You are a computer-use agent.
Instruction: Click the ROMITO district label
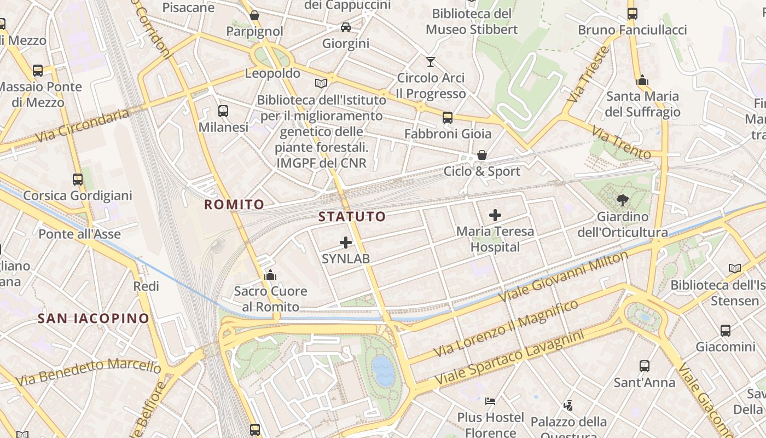pyautogui.click(x=234, y=205)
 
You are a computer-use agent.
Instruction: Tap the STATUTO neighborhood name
pyautogui.click(x=352, y=216)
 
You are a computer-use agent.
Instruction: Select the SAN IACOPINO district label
pyautogui.click(x=93, y=318)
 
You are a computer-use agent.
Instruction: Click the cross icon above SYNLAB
pyautogui.click(x=346, y=242)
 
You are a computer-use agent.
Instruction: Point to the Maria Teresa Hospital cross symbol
pyautogui.click(x=495, y=215)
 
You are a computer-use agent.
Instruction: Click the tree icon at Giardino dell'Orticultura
pyautogui.click(x=622, y=200)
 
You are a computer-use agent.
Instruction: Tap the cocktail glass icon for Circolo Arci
pyautogui.click(x=431, y=61)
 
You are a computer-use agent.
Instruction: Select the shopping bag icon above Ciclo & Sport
pyautogui.click(x=482, y=155)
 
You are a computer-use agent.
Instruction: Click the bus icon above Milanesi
pyautogui.click(x=223, y=111)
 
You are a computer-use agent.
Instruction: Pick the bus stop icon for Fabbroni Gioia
pyautogui.click(x=448, y=117)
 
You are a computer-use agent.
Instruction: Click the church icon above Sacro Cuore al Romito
pyautogui.click(x=270, y=275)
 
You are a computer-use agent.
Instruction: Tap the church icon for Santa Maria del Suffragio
pyautogui.click(x=642, y=80)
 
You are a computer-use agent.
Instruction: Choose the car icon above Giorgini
pyautogui.click(x=346, y=27)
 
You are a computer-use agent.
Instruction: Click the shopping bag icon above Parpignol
pyautogui.click(x=254, y=15)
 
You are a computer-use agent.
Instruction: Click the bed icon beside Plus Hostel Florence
pyautogui.click(x=490, y=401)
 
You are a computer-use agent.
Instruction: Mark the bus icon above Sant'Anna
pyautogui.click(x=645, y=366)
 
